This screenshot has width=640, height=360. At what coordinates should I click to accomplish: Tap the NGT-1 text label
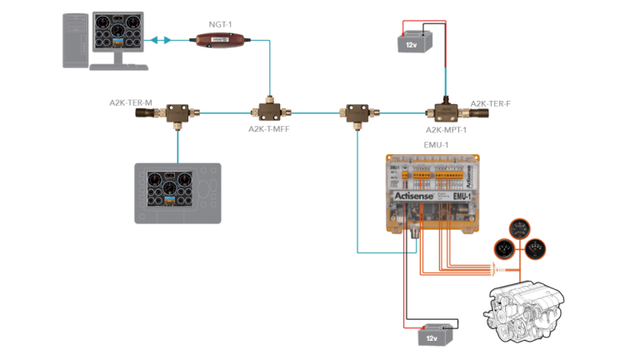click(219, 25)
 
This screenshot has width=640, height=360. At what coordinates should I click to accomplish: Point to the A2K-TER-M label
click(131, 102)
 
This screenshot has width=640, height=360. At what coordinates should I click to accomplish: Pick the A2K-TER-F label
click(490, 104)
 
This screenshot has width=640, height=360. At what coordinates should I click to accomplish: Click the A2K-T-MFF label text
click(268, 129)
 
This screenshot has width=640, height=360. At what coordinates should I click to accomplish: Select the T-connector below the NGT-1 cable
click(268, 110)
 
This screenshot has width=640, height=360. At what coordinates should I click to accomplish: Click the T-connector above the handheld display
click(177, 111)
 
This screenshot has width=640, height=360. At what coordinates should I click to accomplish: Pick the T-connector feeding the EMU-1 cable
click(357, 111)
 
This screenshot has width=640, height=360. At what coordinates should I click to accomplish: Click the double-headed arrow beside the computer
click(161, 39)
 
